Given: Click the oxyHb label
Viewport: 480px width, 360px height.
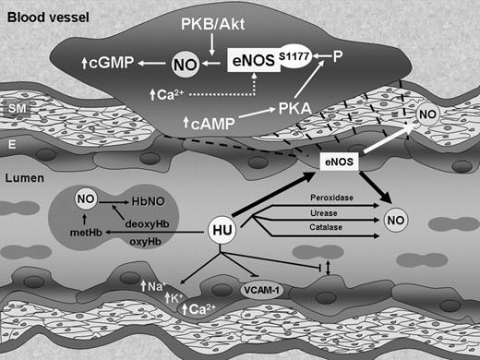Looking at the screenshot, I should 143,245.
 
